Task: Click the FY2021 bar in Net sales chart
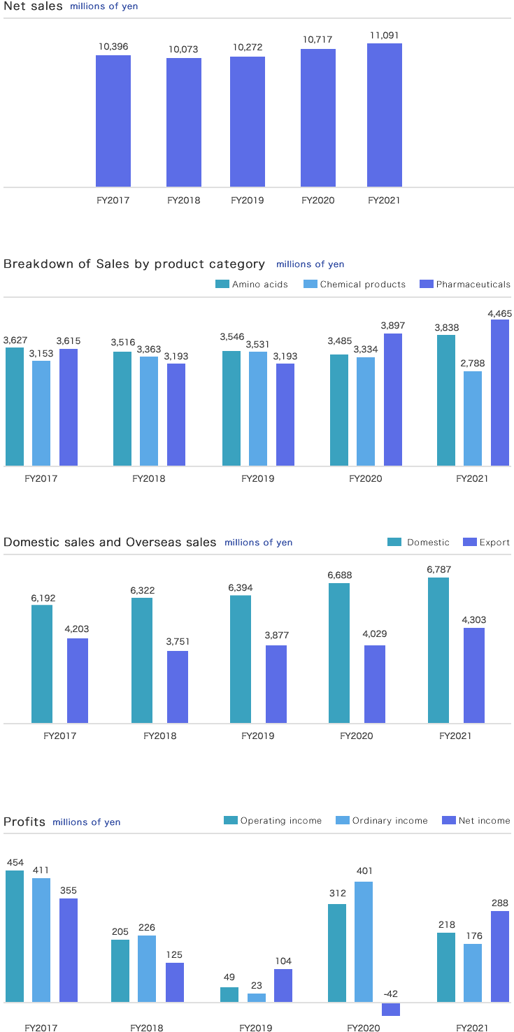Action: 385,115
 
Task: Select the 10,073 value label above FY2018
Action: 184,50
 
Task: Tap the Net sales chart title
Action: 33,6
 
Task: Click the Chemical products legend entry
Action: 355,285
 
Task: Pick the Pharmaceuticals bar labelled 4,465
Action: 500,392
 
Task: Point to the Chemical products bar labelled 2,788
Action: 473,418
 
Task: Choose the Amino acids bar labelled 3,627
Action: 15,406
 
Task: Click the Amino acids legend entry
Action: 252,285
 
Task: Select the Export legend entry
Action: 487,543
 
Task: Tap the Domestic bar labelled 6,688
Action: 339,653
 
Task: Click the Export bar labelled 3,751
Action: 178,687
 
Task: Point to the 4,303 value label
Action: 473,620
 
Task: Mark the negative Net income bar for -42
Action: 391,1009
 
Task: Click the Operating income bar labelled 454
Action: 15,936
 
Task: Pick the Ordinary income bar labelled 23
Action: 257,998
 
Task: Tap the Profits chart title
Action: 24,822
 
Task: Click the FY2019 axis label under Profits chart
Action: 255,1028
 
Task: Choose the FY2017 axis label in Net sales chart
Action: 113,201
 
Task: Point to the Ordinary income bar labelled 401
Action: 364,942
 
